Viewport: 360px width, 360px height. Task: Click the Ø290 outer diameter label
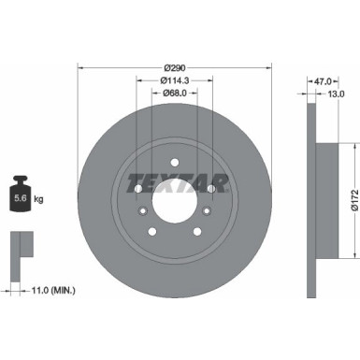(x=173, y=67)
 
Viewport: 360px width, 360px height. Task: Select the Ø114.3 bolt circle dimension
(x=173, y=79)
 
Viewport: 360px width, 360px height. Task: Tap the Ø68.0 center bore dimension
(x=173, y=92)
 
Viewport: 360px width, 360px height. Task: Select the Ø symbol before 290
(x=165, y=67)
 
